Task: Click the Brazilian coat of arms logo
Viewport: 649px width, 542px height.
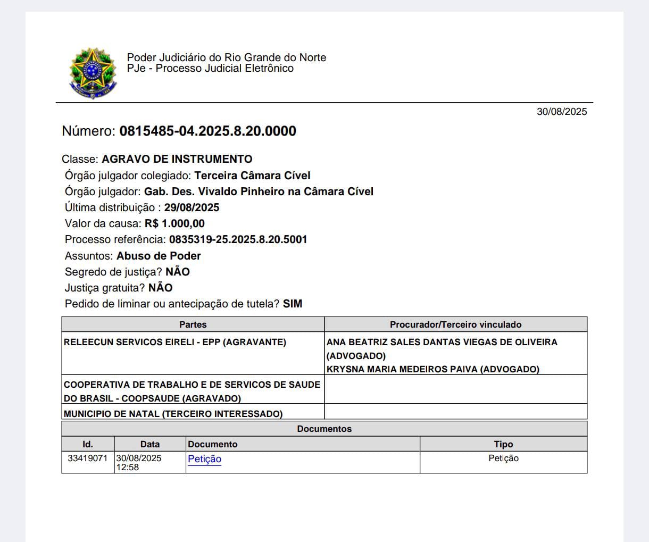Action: [x=93, y=73]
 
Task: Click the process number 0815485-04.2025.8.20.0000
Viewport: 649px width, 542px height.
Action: [x=207, y=131]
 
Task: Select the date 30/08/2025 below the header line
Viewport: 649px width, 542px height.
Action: [x=561, y=112]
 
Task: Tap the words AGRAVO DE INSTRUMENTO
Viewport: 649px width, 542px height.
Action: [x=177, y=159]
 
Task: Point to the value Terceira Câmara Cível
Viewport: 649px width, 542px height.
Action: [x=252, y=176]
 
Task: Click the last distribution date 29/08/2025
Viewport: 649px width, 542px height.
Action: [x=192, y=207]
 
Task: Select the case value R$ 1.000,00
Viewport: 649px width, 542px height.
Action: [x=174, y=223]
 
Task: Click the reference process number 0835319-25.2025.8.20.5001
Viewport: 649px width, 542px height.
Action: [x=238, y=239]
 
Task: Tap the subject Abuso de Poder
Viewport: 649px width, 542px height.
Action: [x=159, y=256]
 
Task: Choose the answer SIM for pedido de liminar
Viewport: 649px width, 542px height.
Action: [x=293, y=304]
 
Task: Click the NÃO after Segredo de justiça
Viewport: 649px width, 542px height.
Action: [x=178, y=272]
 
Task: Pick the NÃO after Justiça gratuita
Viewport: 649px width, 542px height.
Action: [x=160, y=288]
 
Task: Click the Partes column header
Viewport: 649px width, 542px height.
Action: [x=193, y=324]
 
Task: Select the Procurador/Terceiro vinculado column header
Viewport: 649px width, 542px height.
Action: [x=455, y=324]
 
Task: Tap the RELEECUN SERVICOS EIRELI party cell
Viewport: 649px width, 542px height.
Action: [x=174, y=342]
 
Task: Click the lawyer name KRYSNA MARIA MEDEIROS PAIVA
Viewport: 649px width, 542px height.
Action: [x=432, y=369]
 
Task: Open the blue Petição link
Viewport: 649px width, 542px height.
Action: [x=204, y=459]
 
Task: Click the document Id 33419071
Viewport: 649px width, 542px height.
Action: [x=87, y=458]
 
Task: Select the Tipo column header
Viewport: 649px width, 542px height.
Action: [x=503, y=444]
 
